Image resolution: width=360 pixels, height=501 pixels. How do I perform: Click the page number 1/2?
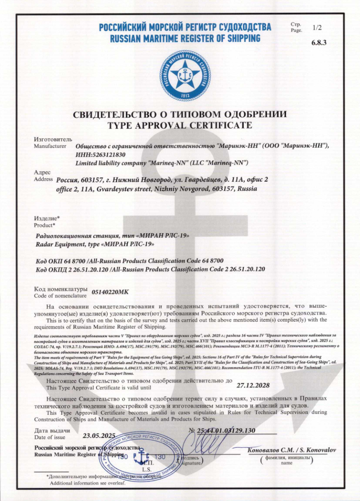pyautogui.click(x=317, y=28)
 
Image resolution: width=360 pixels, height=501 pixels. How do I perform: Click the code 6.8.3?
pyautogui.click(x=319, y=43)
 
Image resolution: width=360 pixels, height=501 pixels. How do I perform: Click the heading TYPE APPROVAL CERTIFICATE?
pyautogui.click(x=179, y=125)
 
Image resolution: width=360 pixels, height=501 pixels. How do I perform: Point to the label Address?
pyautogui.click(x=44, y=179)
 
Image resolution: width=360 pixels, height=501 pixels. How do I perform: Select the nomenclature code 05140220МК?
pyautogui.click(x=110, y=293)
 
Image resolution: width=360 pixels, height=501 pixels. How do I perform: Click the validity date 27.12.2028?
pyautogui.click(x=253, y=386)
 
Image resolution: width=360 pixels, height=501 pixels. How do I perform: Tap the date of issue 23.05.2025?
pyautogui.click(x=99, y=436)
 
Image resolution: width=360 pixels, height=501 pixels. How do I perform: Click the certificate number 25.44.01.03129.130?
pyautogui.click(x=226, y=430)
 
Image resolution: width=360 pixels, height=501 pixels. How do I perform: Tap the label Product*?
pyautogui.click(x=45, y=225)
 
